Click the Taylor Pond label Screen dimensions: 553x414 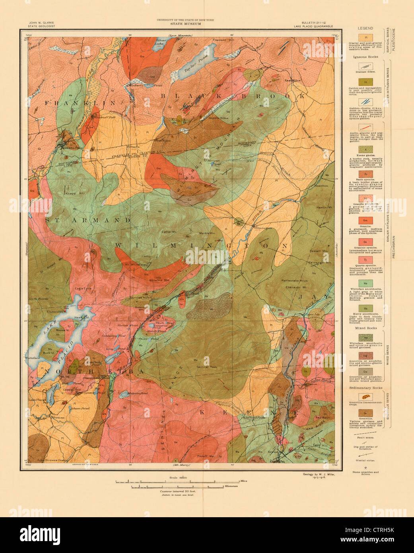click(x=194, y=63)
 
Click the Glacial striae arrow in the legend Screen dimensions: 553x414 click(x=365, y=454)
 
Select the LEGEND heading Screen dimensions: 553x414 click(x=365, y=29)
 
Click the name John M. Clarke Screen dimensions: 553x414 click(x=41, y=23)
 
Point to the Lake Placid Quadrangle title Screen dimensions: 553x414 click(x=313, y=26)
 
